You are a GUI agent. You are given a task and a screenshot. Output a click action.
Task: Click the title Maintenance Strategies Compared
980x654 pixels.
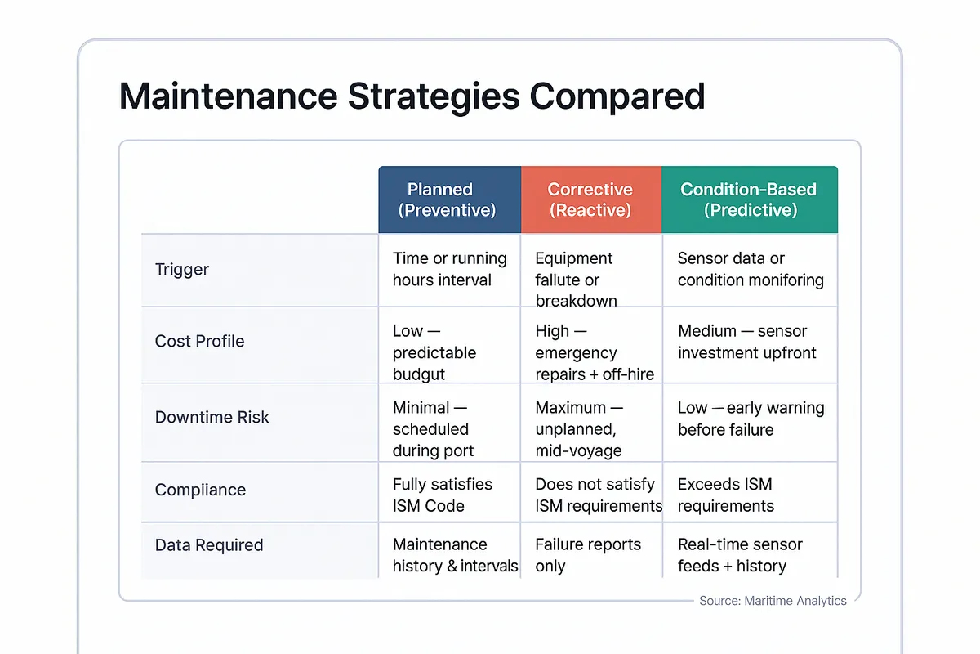tap(412, 96)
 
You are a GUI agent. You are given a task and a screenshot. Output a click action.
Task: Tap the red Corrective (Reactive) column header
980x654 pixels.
tap(590, 199)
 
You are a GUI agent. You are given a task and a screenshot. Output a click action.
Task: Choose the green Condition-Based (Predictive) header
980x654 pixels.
tap(748, 199)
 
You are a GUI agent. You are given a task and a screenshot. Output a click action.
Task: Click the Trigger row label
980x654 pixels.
tap(182, 270)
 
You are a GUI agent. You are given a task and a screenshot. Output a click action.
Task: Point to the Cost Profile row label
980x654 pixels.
tap(199, 341)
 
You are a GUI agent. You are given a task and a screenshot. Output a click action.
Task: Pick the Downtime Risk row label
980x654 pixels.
tap(212, 417)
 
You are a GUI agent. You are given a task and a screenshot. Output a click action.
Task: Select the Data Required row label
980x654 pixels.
tap(209, 545)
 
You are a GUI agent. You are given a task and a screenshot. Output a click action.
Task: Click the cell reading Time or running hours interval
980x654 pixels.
tap(449, 269)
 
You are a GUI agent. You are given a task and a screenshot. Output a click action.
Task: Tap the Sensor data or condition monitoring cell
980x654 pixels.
tap(750, 269)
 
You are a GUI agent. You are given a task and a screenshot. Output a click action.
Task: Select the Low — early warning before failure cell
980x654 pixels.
tap(750, 419)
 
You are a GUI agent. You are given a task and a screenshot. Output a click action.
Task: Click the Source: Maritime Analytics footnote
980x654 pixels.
tap(773, 601)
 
